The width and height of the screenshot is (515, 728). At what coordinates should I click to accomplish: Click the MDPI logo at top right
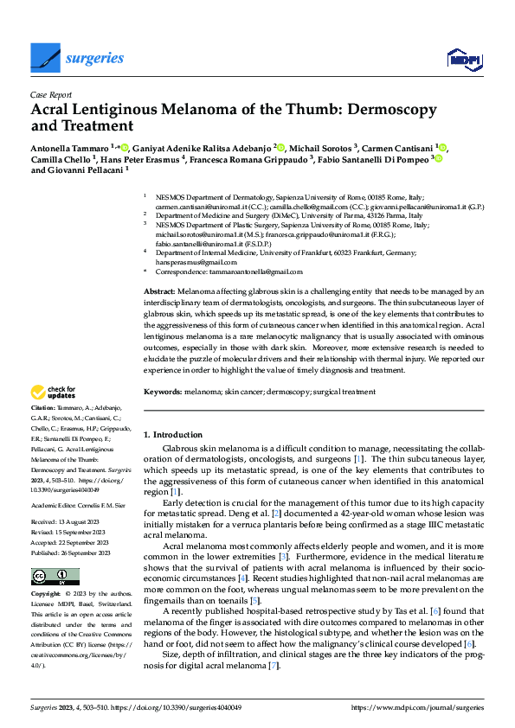point(464,59)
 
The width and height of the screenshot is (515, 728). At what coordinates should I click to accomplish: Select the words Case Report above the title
point(53,96)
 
